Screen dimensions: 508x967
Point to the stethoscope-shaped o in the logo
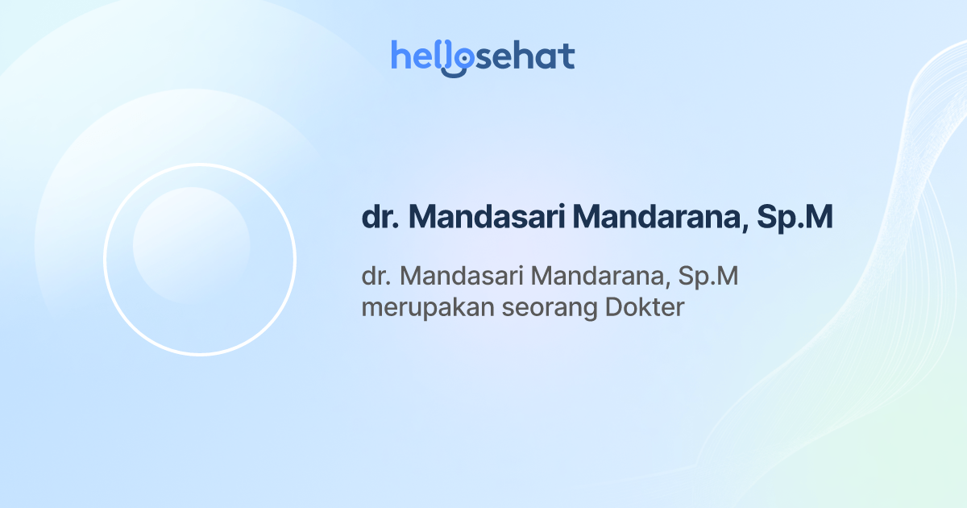(x=459, y=60)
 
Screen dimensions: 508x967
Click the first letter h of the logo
(x=400, y=56)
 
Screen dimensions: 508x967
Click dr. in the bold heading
(x=380, y=218)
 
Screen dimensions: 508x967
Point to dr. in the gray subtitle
(x=376, y=276)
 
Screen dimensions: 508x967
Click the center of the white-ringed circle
(x=200, y=260)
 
